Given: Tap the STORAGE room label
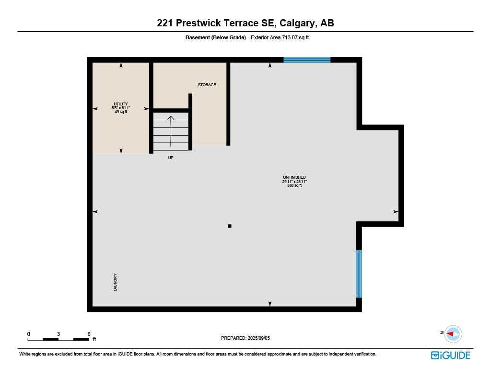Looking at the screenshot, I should pos(207,85).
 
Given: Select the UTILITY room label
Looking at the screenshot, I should pos(121,104).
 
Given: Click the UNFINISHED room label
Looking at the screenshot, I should pos(294,177).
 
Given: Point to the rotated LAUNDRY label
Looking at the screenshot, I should pos(116,282).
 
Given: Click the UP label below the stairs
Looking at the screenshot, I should pos(171,158).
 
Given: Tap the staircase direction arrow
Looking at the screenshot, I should pos(171,130).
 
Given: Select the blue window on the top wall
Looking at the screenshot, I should pos(307,60).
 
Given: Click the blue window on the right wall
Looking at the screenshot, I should pos(359,274).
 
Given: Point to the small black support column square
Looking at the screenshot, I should pos(230,226).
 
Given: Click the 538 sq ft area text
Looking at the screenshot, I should pos(294,186).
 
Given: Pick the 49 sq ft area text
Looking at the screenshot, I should pos(121,112).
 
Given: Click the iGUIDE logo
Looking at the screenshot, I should pos(450,355).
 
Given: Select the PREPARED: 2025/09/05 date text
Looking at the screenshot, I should pos(245,338).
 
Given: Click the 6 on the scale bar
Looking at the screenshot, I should pos(89,333).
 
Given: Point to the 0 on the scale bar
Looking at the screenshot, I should pos(29,333).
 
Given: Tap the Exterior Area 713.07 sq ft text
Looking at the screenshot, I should pos(280,37).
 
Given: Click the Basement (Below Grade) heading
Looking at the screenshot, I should pos(215,37).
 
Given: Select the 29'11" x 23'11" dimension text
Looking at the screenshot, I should pos(294,182).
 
